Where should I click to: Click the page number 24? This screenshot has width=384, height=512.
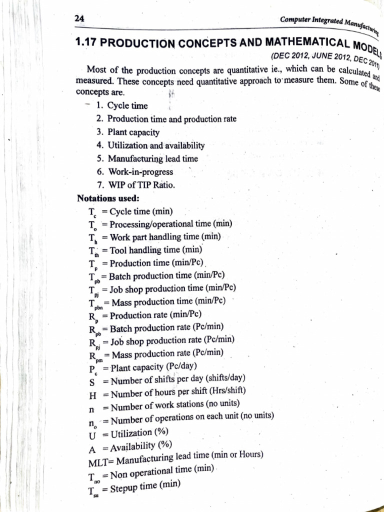click(79, 18)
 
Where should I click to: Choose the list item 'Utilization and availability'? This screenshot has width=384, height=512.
click(156, 145)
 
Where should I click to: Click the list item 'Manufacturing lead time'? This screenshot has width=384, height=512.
click(152, 159)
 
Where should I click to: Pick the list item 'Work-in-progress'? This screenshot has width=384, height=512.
click(140, 172)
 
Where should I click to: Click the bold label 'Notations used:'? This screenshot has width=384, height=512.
click(104, 198)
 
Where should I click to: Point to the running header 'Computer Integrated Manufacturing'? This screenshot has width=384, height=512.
click(330, 22)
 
